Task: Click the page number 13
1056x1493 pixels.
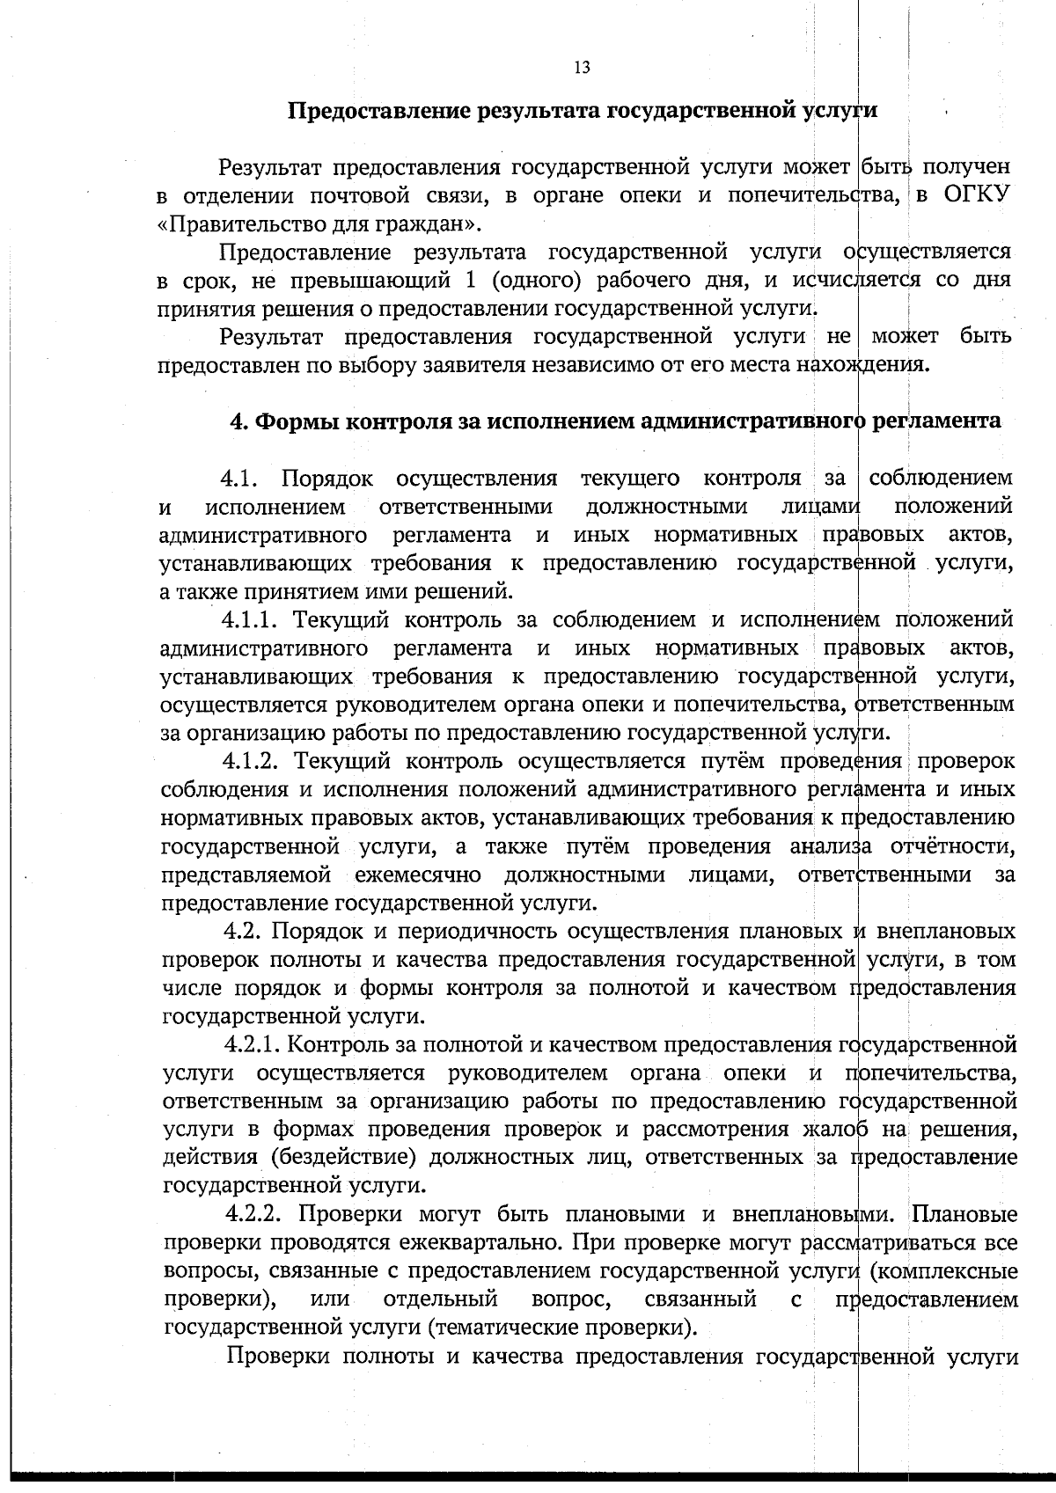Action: [x=582, y=69]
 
